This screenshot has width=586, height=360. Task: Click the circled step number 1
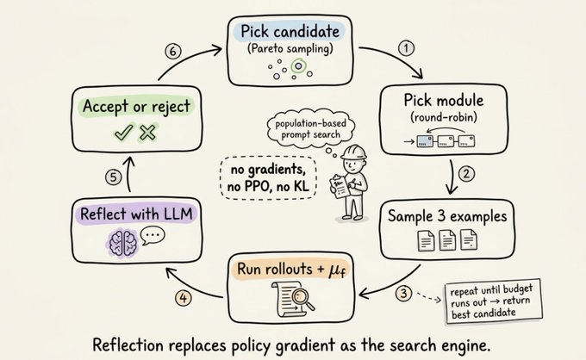click(406, 48)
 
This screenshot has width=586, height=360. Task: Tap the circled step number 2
click(466, 173)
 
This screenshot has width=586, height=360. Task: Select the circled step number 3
click(403, 293)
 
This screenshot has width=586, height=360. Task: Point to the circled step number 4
click(183, 298)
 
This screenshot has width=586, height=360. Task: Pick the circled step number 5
click(113, 177)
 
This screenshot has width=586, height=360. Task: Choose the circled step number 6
click(173, 51)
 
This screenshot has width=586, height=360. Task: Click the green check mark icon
click(124, 132)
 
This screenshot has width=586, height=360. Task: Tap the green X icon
click(147, 132)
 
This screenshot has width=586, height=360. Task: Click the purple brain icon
click(123, 243)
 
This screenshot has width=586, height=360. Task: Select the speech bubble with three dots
click(153, 235)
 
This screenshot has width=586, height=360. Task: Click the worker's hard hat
click(353, 152)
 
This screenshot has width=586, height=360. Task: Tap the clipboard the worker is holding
click(340, 186)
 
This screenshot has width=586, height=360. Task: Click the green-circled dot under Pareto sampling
click(298, 66)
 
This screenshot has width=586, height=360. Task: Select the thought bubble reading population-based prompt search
click(310, 129)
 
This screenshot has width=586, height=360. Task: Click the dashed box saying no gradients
click(269, 177)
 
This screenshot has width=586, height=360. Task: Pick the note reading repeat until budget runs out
click(493, 301)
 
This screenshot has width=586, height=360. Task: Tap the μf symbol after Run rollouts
click(337, 270)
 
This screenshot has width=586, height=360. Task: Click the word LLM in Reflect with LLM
click(178, 214)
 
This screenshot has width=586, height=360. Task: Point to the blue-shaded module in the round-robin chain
click(425, 141)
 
